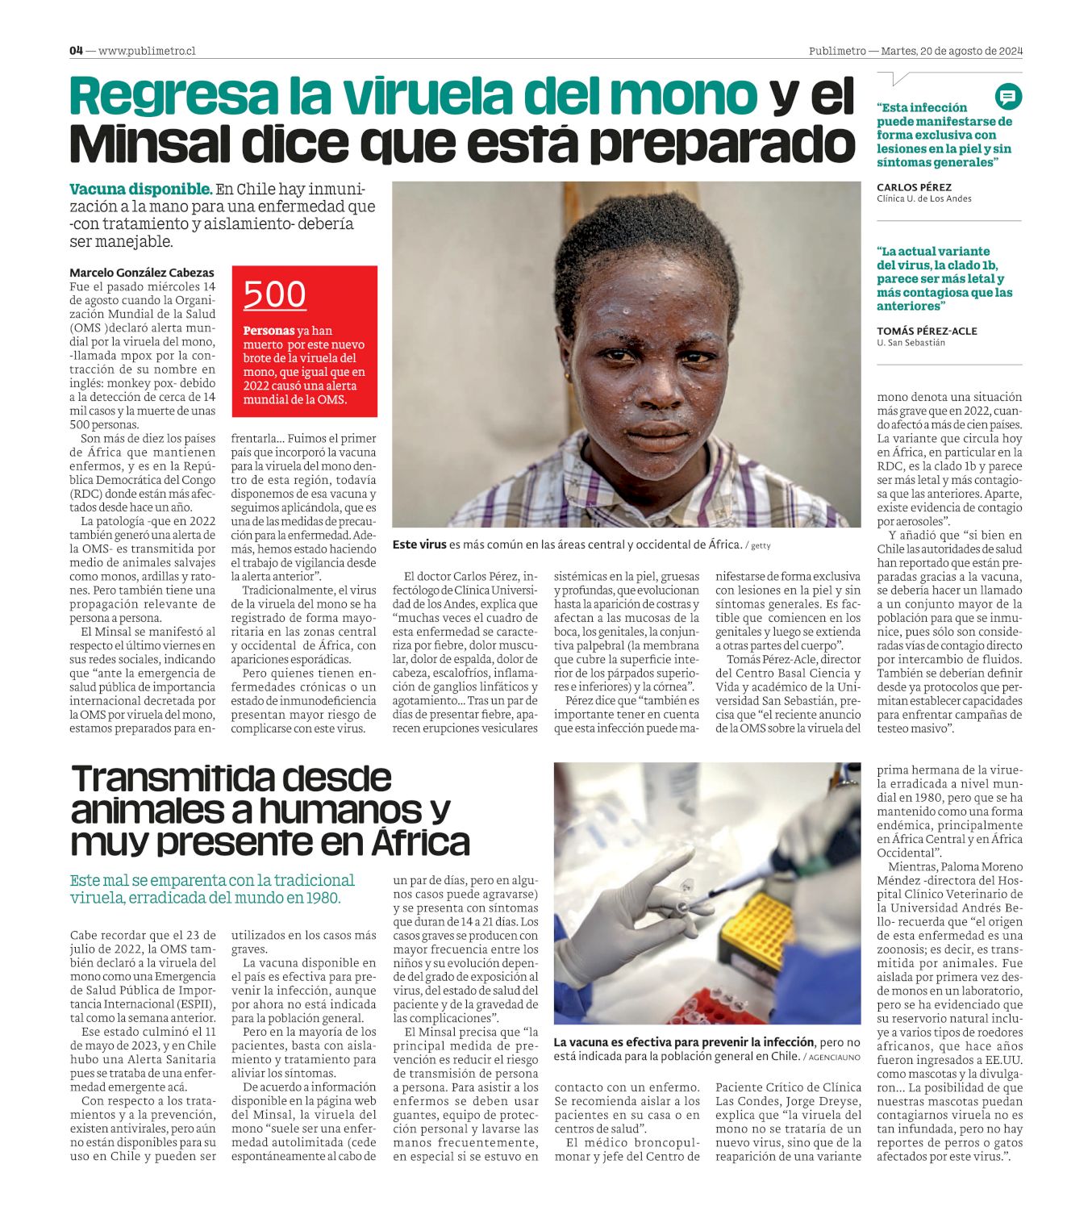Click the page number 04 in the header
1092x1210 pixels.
76,50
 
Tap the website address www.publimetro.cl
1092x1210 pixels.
147,51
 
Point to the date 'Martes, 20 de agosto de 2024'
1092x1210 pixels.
952,51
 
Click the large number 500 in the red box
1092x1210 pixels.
274,294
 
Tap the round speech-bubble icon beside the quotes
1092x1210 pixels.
1007,97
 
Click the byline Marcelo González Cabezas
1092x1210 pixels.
142,273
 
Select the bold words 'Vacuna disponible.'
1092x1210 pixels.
140,190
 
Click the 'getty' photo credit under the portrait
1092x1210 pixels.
761,546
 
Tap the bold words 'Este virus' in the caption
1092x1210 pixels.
419,544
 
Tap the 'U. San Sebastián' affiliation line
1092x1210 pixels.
911,343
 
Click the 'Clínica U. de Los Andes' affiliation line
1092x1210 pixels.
923,198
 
